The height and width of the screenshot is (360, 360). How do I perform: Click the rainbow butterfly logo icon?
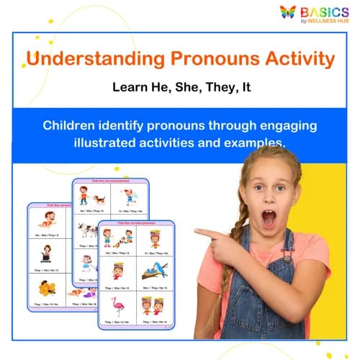(x=287, y=12)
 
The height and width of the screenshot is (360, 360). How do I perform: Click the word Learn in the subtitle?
(x=132, y=88)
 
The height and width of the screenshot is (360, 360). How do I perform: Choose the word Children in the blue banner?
(x=71, y=125)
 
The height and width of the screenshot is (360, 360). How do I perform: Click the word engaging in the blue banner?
(x=287, y=125)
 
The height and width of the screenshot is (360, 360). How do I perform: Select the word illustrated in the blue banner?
(x=107, y=143)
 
